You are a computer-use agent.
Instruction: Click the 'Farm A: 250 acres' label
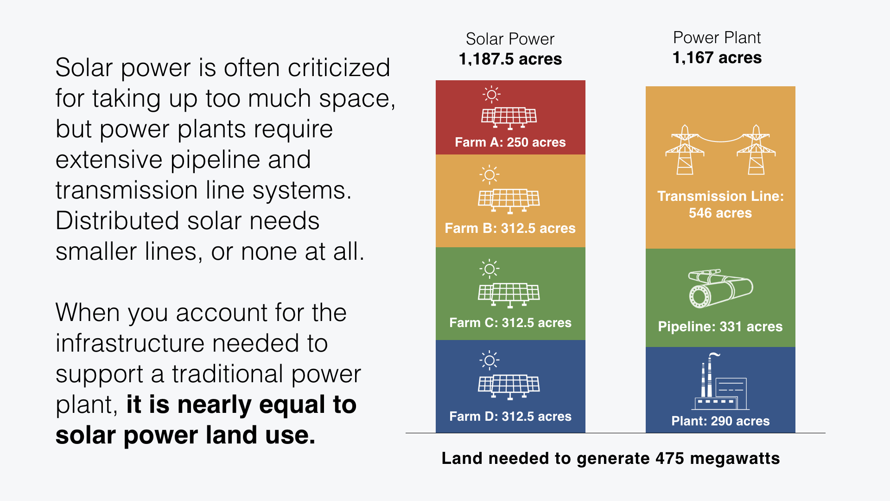tap(510, 142)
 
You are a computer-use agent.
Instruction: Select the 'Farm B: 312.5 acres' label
tap(510, 228)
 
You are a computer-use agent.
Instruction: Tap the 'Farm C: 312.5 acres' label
tap(510, 322)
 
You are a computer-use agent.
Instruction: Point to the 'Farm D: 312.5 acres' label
tap(510, 416)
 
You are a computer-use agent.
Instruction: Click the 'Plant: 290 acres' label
tap(720, 421)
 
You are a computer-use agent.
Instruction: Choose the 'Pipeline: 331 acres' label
tap(720, 326)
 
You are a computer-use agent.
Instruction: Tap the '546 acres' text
tap(720, 213)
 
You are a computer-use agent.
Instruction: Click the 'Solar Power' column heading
tap(510, 39)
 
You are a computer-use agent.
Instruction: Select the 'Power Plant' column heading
tap(717, 38)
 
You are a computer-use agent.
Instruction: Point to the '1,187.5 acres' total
tap(510, 59)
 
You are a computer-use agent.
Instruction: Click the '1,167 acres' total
tap(717, 58)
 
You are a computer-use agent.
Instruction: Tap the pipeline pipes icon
tap(720, 288)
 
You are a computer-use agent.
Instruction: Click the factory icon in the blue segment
tap(720, 383)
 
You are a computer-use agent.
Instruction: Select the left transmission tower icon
tap(685, 149)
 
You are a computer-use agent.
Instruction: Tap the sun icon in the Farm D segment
tap(489, 360)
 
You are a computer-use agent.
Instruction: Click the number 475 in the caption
tap(669, 458)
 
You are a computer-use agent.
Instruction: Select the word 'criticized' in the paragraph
tap(339, 68)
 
